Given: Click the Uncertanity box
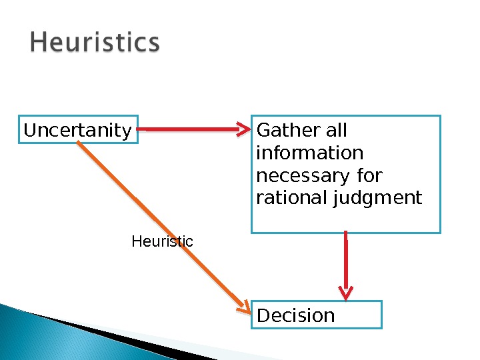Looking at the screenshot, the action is pos(77,130).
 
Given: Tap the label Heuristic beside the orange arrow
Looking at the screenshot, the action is pos(162,241).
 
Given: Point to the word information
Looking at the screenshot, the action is pos(309,153).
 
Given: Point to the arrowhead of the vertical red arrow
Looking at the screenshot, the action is pos(346,292).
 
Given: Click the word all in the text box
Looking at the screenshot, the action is pos(336,130).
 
